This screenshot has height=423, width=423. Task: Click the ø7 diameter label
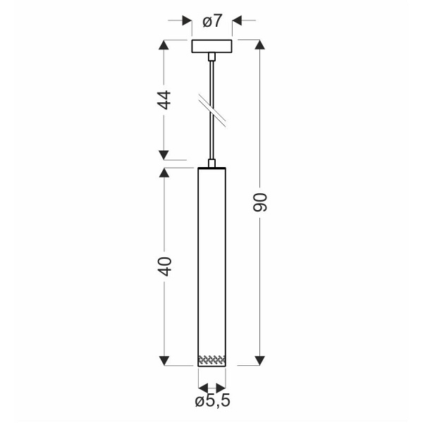pyautogui.click(x=212, y=21)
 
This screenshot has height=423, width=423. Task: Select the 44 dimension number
pyautogui.click(x=165, y=99)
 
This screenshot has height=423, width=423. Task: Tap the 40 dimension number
pyautogui.click(x=165, y=266)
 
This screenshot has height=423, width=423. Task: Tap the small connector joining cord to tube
pyautogui.click(x=211, y=164)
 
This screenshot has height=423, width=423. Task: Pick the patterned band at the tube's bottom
pyautogui.click(x=211, y=360)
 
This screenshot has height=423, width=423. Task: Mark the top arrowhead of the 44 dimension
pyautogui.click(x=165, y=46)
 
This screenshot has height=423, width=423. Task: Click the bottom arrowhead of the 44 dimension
pyautogui.click(x=165, y=154)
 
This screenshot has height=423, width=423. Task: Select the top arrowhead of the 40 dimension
pyautogui.click(x=165, y=173)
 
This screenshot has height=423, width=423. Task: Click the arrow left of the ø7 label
pyautogui.click(x=186, y=21)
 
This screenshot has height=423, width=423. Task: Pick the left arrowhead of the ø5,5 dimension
pyautogui.click(x=203, y=387)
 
